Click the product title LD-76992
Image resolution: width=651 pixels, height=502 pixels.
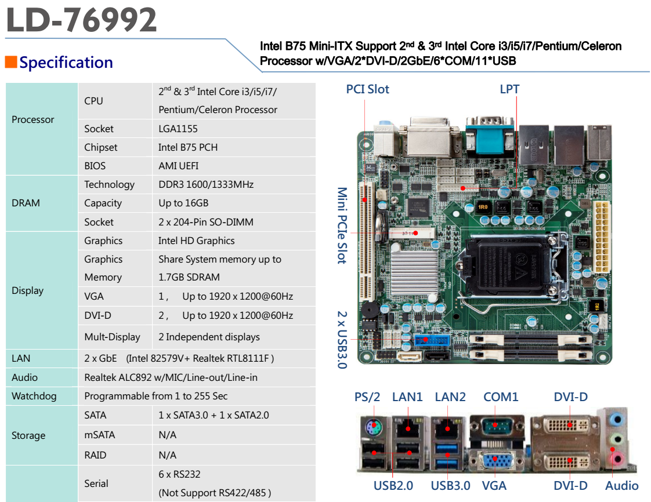click(82, 20)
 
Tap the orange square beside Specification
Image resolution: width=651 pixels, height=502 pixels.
click(10, 62)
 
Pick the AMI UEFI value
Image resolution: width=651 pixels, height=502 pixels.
click(178, 166)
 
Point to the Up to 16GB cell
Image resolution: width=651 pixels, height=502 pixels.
click(183, 203)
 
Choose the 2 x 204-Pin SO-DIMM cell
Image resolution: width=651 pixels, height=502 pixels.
click(205, 222)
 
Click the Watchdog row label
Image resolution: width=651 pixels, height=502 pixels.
click(34, 396)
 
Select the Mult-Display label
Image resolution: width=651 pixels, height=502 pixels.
click(112, 337)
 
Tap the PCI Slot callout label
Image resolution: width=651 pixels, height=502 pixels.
click(367, 89)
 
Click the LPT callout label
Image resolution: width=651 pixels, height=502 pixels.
click(509, 89)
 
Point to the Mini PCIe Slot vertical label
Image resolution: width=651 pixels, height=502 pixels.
click(342, 225)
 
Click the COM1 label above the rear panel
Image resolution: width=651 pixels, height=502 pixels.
click(501, 397)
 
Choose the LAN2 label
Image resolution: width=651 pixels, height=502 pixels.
click(450, 397)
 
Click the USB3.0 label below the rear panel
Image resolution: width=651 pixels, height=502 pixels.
click(450, 486)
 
